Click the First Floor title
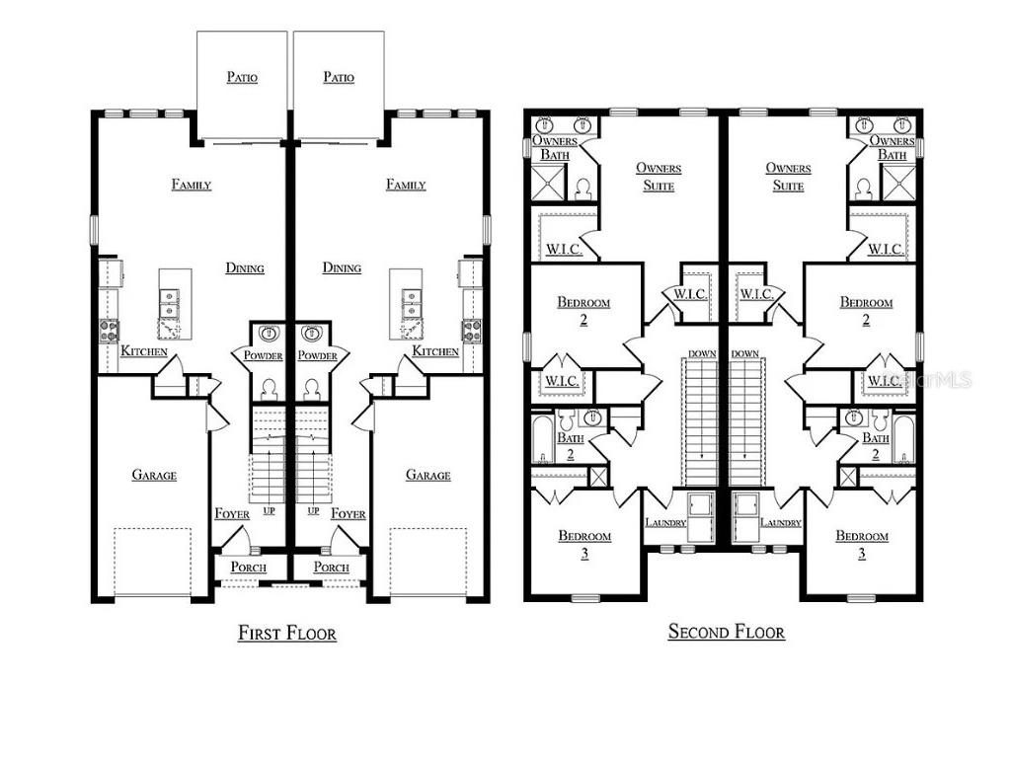click(x=286, y=633)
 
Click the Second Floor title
click(x=726, y=632)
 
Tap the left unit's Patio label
click(x=242, y=77)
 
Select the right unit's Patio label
click(x=339, y=77)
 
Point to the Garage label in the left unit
click(x=154, y=475)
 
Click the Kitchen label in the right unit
click(x=435, y=351)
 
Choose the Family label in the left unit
click(x=191, y=185)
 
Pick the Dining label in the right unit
click(x=342, y=267)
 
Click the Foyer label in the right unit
click(x=349, y=514)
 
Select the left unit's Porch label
click(x=249, y=568)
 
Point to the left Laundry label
click(x=664, y=523)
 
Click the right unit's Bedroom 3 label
click(x=862, y=544)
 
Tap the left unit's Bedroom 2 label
click(x=583, y=311)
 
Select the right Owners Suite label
click(x=789, y=177)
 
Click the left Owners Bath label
click(x=555, y=148)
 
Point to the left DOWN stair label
click(x=702, y=353)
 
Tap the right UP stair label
click(x=313, y=511)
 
